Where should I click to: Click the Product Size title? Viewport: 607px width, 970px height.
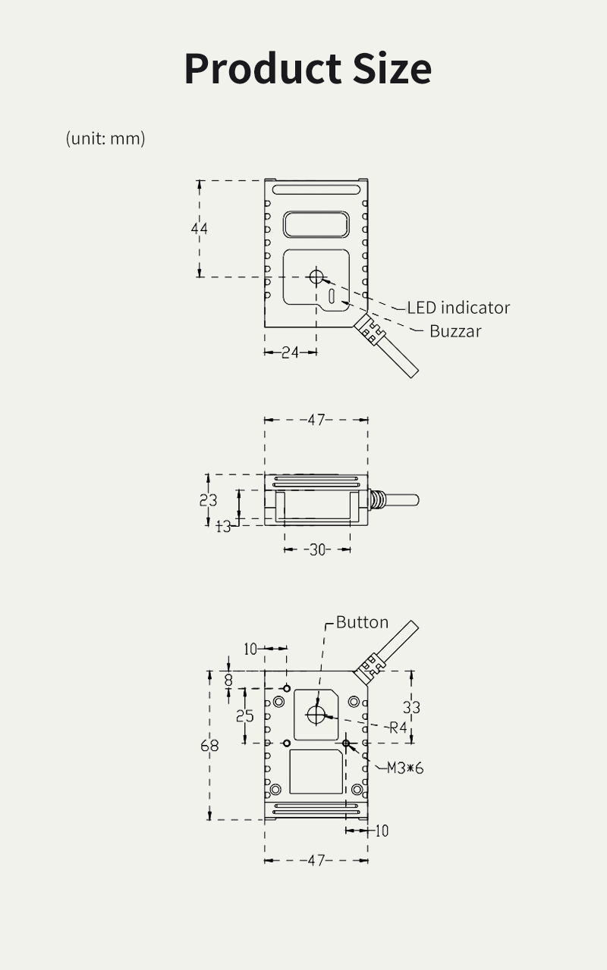[x=307, y=68]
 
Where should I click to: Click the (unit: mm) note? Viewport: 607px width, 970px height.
[x=105, y=138]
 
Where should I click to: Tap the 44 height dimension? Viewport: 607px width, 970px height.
[x=200, y=228]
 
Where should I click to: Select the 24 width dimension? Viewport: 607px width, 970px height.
[x=291, y=352]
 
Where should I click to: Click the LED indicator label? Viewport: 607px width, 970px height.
[x=458, y=308]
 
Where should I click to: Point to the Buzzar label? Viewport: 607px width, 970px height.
[x=455, y=331]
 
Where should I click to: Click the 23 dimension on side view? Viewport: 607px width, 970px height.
[x=208, y=500]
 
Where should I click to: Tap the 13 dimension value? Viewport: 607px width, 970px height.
[x=223, y=526]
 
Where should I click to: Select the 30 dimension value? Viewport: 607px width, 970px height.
[x=317, y=549]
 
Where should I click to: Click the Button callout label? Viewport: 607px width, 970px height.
[x=362, y=622]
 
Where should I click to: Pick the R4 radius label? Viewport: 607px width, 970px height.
[x=399, y=728]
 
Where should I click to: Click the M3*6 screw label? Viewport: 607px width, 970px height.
[x=405, y=768]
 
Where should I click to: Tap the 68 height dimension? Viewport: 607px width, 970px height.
[x=209, y=746]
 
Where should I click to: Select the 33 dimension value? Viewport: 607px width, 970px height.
[x=411, y=707]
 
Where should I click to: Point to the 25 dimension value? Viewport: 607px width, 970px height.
[x=244, y=715]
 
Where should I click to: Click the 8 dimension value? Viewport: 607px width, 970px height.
[x=228, y=681]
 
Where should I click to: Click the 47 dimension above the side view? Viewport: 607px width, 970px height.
[x=316, y=420]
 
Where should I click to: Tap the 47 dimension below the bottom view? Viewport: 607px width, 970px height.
[x=316, y=861]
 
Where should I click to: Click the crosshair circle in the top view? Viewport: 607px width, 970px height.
[x=316, y=277]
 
